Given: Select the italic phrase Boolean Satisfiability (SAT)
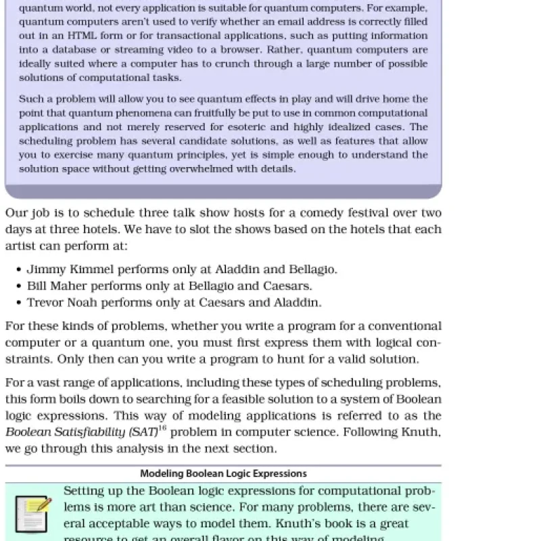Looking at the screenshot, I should [82, 432].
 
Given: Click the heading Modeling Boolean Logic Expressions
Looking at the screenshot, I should [223, 473].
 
